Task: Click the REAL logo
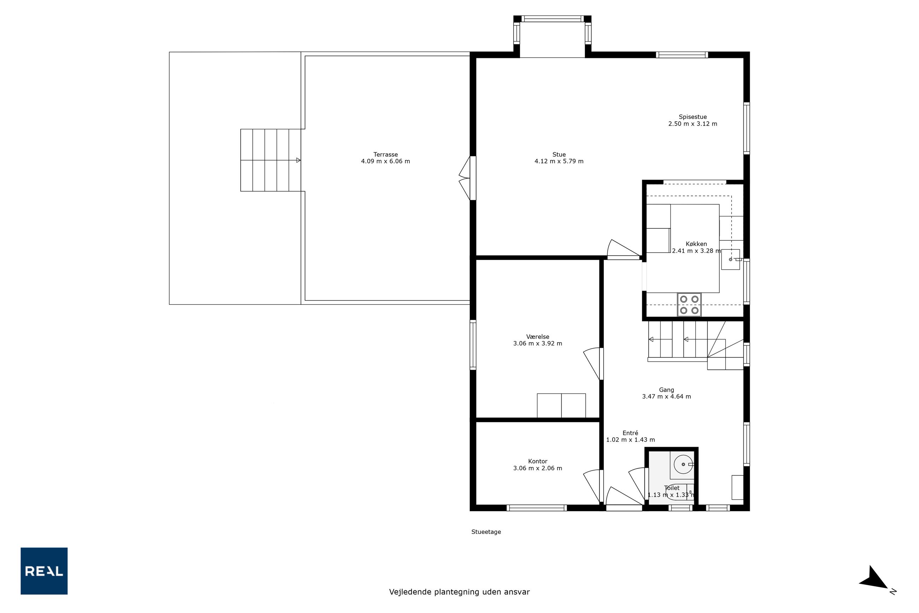tap(44, 571)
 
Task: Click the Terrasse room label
tap(385, 154)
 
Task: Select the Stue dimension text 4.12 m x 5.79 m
tap(559, 161)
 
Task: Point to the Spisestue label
tap(693, 117)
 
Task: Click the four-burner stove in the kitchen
tap(689, 304)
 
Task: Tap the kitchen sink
tap(730, 259)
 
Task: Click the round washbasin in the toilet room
tap(683, 465)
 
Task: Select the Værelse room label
tap(538, 337)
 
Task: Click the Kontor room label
tap(538, 461)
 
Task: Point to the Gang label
tap(667, 390)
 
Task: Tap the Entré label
tap(630, 433)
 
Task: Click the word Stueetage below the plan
tap(486, 532)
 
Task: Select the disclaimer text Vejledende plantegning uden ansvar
tap(459, 592)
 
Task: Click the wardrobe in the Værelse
tap(561, 405)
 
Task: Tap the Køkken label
tap(696, 244)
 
